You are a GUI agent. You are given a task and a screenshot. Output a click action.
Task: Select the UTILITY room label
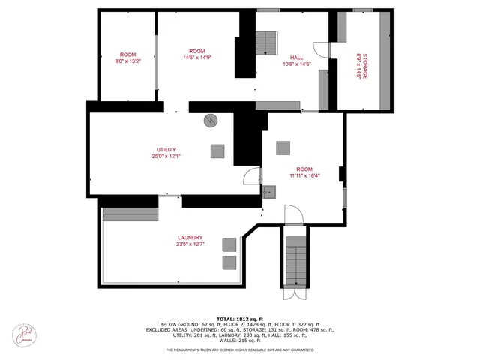pyautogui.click(x=166, y=149)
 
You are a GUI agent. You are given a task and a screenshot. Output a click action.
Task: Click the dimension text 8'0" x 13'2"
pyautogui.click(x=128, y=61)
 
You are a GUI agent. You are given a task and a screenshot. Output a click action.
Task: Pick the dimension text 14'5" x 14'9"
pyautogui.click(x=197, y=58)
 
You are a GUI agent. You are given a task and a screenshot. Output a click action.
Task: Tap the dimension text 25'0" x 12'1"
pyautogui.click(x=166, y=156)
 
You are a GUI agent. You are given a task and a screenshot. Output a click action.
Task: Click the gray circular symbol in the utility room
pyautogui.click(x=211, y=120)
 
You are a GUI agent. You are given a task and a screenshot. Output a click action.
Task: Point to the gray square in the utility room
pyautogui.click(x=217, y=150)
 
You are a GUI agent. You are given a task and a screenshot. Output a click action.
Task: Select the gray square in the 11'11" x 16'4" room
pyautogui.click(x=283, y=148)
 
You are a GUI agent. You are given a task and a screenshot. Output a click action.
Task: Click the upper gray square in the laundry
pyautogui.click(x=229, y=244)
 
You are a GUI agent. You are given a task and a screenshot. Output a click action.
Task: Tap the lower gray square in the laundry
pyautogui.click(x=229, y=262)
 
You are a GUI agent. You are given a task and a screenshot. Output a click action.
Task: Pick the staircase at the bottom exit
pyautogui.click(x=297, y=259)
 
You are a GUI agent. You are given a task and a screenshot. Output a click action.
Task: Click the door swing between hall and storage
pyautogui.click(x=321, y=49)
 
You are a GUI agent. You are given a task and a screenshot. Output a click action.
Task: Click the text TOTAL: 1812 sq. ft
pyautogui.click(x=239, y=319)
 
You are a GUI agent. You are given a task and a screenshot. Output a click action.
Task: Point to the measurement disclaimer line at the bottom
pyautogui.click(x=239, y=350)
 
